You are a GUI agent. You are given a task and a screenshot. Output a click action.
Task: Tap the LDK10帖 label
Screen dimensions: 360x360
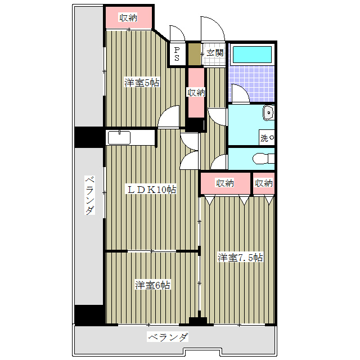151,190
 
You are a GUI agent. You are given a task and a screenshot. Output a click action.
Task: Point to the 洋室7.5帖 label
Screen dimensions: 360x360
240,258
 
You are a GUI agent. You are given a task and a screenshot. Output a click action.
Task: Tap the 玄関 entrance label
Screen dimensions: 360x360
214,53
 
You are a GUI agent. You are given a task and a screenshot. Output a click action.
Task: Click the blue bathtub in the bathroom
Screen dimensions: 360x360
252,55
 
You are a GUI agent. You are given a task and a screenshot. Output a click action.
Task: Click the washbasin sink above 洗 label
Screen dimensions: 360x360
268,114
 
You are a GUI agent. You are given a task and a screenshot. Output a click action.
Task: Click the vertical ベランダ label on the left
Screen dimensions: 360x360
89,196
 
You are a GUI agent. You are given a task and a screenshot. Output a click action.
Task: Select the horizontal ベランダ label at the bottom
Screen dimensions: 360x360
168,337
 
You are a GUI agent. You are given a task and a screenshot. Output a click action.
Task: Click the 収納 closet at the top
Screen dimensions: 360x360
129,18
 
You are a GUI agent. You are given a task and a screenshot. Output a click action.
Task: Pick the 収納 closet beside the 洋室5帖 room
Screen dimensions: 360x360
196,93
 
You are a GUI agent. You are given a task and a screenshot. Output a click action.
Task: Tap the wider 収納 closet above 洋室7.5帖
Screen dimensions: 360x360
224,183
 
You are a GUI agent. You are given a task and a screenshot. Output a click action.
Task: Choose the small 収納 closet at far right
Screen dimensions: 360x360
263,183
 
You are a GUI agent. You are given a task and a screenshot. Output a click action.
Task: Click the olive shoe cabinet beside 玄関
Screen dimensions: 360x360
194,55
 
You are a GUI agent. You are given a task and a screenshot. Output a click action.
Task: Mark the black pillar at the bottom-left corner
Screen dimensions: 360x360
89,314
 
